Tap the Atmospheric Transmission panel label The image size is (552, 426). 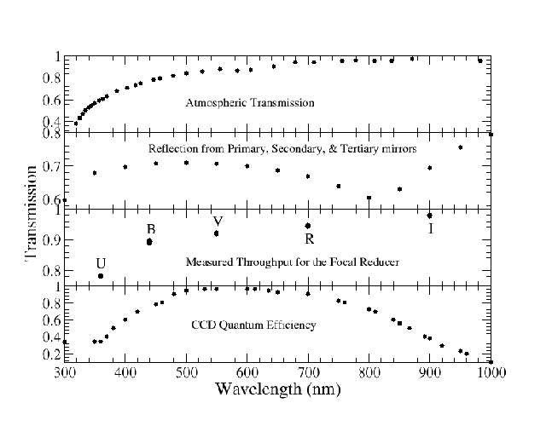(250, 103)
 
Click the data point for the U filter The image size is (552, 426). (101, 276)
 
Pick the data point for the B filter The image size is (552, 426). (149, 242)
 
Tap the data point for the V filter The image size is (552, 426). (217, 233)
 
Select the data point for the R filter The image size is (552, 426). (308, 226)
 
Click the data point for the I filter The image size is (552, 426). (430, 216)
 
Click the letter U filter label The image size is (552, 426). (101, 262)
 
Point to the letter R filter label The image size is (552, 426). (309, 239)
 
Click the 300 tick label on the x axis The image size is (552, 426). (64, 372)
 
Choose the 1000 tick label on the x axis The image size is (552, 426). (490, 372)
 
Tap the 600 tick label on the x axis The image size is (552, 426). (247, 372)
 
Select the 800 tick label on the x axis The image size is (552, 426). (369, 372)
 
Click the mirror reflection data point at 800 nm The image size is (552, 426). (369, 198)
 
